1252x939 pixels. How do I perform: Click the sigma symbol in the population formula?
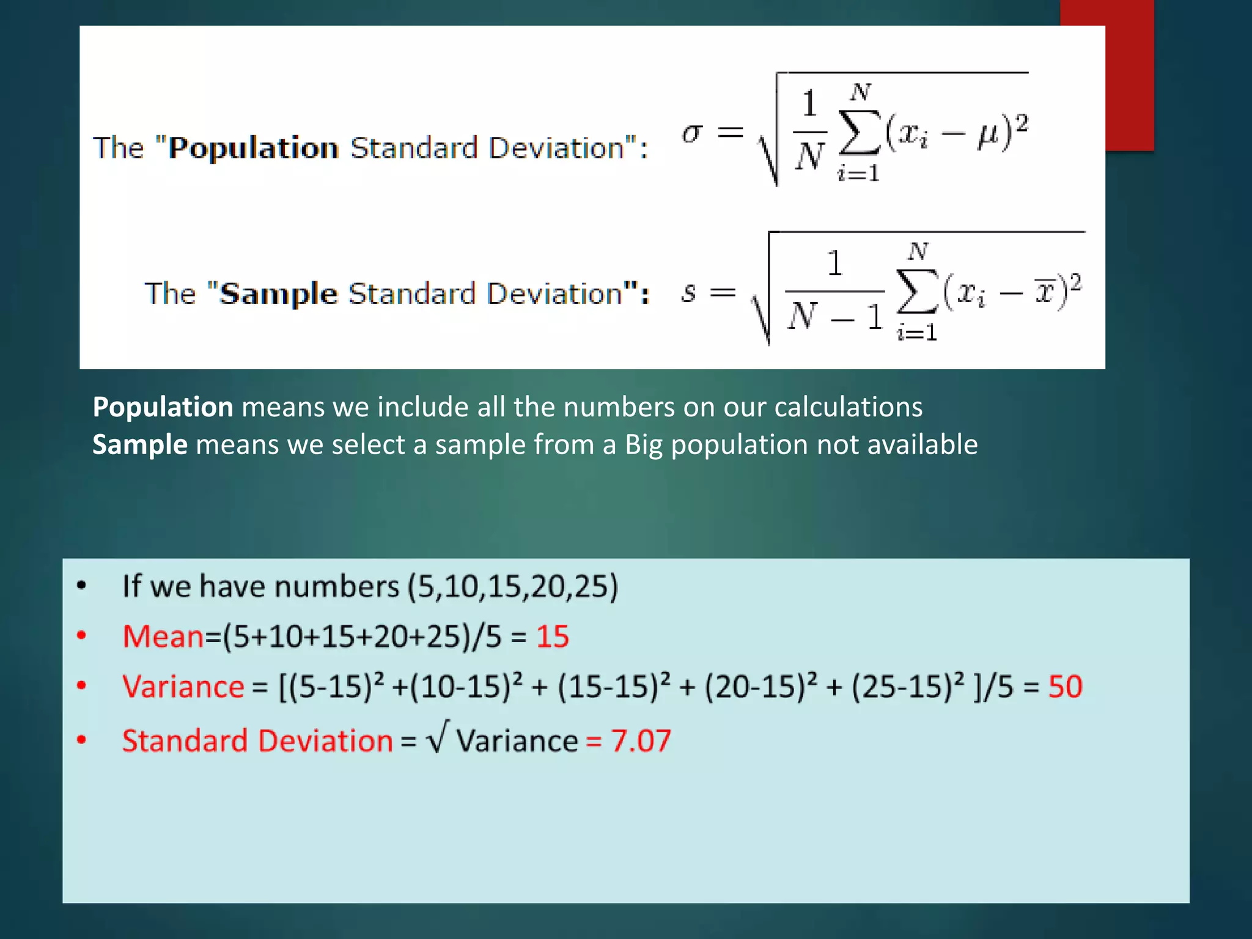[692, 133]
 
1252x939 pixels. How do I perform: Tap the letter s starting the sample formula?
[688, 293]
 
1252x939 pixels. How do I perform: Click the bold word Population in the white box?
[253, 148]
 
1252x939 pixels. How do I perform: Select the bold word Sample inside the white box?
[278, 294]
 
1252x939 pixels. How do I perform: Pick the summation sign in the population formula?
[860, 133]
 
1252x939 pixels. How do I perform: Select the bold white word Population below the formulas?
[163, 407]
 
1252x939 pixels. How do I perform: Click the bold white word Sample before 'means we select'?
[139, 444]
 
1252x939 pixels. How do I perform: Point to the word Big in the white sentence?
[643, 445]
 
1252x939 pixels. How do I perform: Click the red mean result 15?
[553, 636]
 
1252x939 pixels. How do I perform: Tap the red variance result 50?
[1065, 687]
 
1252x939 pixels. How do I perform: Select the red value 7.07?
[641, 741]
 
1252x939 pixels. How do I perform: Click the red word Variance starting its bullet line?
[183, 687]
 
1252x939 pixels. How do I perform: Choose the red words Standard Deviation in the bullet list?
[257, 741]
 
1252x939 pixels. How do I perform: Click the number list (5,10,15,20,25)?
[513, 586]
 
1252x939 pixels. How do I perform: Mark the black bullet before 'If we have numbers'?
[82, 586]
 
